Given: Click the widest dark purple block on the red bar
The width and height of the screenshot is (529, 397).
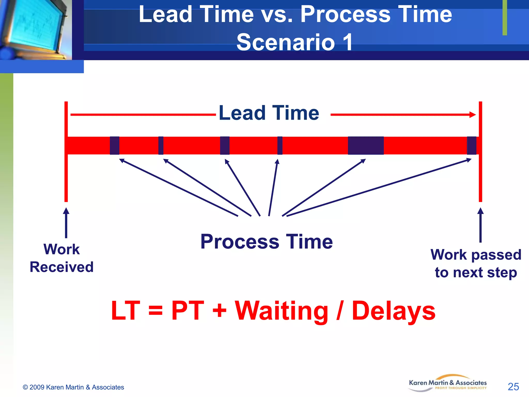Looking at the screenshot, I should tap(365, 146).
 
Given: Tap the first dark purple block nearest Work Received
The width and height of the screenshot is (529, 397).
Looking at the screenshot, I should tap(114, 146).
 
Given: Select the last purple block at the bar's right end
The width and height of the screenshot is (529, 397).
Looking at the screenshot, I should tap(471, 146).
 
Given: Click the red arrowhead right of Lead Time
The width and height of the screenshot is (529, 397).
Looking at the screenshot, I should tap(472, 114).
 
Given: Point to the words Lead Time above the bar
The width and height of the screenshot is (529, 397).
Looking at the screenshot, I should tap(269, 113).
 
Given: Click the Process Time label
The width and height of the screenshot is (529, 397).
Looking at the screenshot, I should tap(267, 242).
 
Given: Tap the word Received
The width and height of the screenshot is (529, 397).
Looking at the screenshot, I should tap(61, 267).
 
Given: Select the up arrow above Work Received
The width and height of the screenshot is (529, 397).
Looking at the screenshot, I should tap(66, 222).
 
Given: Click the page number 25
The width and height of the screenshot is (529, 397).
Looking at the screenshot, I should tap(513, 387).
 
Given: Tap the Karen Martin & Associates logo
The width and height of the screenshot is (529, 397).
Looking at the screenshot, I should tap(448, 383).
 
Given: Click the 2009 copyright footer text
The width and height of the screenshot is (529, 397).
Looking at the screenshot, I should tap(73, 387).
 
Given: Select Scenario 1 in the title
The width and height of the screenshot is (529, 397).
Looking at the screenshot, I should tap(294, 42).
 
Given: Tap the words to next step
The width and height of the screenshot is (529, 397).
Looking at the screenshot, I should tap(476, 272).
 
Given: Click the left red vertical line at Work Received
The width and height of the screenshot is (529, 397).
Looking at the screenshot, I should tap(66, 176).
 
